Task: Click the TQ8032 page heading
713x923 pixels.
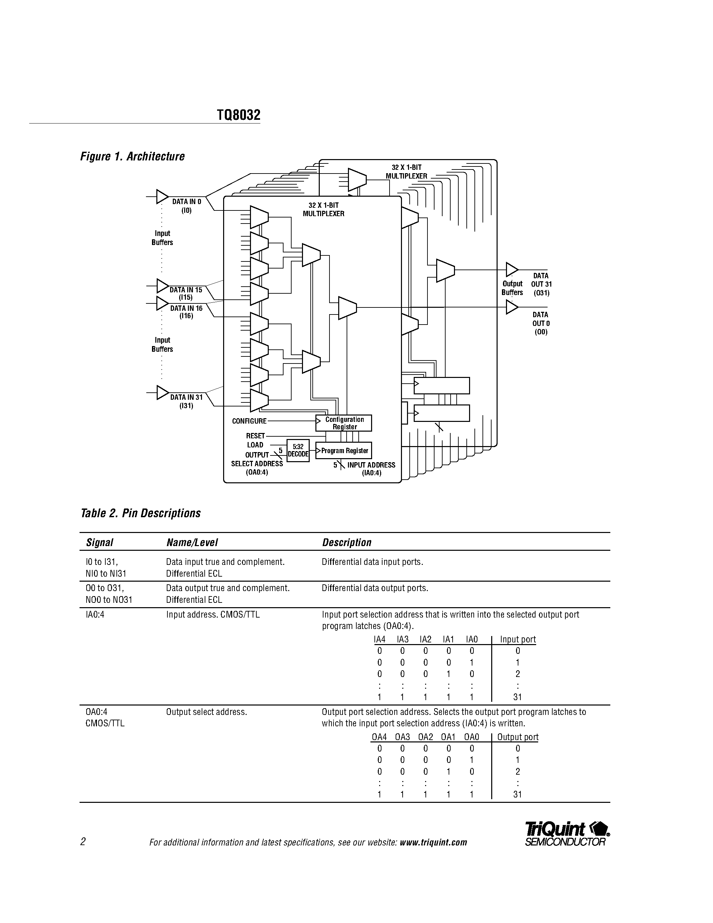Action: (x=239, y=115)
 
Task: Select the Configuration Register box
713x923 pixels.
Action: (x=344, y=423)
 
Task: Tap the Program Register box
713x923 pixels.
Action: (x=344, y=450)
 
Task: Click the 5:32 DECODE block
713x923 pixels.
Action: (x=298, y=450)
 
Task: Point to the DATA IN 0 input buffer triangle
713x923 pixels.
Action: (x=162, y=197)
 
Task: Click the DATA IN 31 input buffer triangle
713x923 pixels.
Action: (x=162, y=393)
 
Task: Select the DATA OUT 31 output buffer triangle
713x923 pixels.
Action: (x=512, y=269)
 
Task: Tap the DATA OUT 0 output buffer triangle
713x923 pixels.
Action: (x=512, y=307)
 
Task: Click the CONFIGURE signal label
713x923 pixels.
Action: (x=249, y=421)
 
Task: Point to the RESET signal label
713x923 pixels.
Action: (x=256, y=436)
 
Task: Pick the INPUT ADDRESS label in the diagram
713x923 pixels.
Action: (x=371, y=465)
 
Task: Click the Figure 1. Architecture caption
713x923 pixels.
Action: (x=132, y=156)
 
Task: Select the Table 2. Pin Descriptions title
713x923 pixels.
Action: (x=140, y=513)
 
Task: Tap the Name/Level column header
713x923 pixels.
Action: (x=192, y=543)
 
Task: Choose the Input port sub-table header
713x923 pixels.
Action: (x=517, y=639)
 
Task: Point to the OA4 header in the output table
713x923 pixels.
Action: (x=379, y=737)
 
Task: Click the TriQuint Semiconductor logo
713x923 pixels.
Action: (x=566, y=834)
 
